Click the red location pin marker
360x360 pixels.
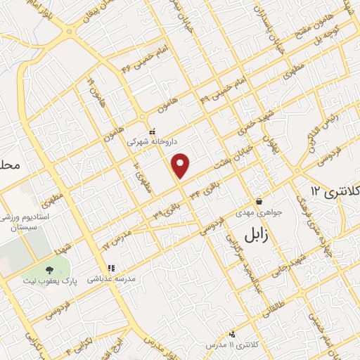(181, 165)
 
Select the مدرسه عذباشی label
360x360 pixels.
(110, 279)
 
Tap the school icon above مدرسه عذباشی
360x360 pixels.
(110, 268)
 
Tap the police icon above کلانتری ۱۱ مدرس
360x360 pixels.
(233, 334)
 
